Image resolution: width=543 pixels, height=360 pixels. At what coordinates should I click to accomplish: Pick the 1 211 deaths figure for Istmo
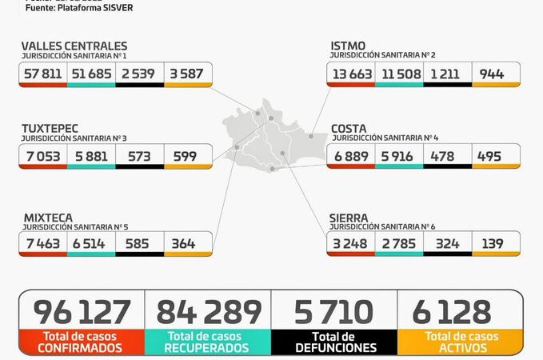pos(447,74)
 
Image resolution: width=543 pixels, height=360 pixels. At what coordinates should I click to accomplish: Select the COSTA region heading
pos(349,129)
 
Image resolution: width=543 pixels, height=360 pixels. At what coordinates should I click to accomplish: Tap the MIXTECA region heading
pos(46,217)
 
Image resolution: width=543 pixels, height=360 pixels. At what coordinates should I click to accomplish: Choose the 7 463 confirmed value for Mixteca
pos(42,243)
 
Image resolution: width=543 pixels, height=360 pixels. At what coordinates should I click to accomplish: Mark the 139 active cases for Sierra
pos(495,243)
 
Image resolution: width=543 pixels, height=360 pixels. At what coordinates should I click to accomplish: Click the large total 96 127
pos(82,312)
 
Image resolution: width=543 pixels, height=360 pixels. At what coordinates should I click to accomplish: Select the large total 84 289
pos(209,312)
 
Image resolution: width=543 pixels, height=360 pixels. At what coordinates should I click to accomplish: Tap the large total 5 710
pos(334,312)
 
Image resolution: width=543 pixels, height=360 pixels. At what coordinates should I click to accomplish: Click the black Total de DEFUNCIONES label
pos(334,342)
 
